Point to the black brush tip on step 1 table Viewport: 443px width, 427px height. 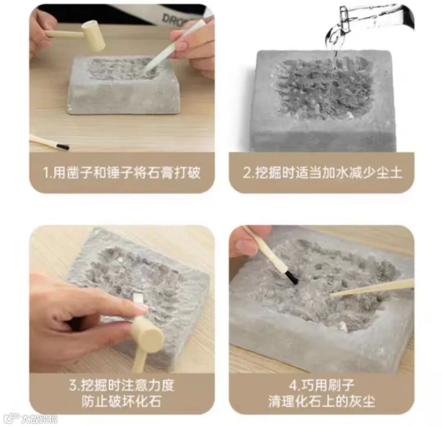pos(62,147)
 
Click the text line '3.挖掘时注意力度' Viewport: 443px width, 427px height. pos(122,385)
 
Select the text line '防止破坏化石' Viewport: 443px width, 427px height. pos(122,402)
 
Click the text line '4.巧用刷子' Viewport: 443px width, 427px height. pos(322,385)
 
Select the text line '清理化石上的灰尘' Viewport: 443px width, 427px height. pos(322,402)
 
